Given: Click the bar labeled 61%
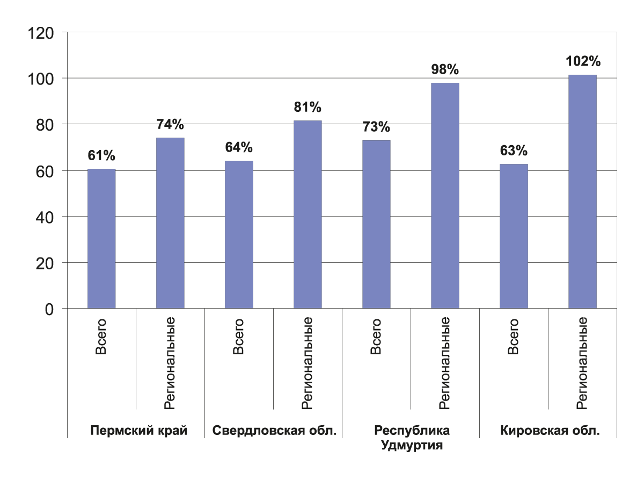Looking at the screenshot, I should click(x=101, y=239).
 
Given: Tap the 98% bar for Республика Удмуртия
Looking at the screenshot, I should click(x=445, y=196).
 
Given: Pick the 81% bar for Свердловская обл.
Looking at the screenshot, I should click(x=308, y=215).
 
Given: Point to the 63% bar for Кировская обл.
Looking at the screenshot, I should click(x=514, y=236).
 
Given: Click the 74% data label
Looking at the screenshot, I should click(x=170, y=125).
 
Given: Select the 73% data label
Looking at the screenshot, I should click(x=376, y=127).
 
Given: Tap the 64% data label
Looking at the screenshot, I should click(x=239, y=147).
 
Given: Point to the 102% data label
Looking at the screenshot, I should click(x=583, y=61).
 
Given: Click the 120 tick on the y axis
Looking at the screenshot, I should click(x=41, y=33).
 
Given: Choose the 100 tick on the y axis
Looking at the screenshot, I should click(x=41, y=79).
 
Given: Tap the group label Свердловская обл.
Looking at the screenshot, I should click(x=274, y=431).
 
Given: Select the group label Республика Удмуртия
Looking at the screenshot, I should click(x=412, y=438).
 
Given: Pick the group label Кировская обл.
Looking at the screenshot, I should click(x=550, y=431).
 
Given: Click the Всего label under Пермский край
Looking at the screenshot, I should click(x=101, y=337).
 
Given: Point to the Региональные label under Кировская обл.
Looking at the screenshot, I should click(x=582, y=363).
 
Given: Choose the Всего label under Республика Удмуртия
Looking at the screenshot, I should click(x=376, y=337).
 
